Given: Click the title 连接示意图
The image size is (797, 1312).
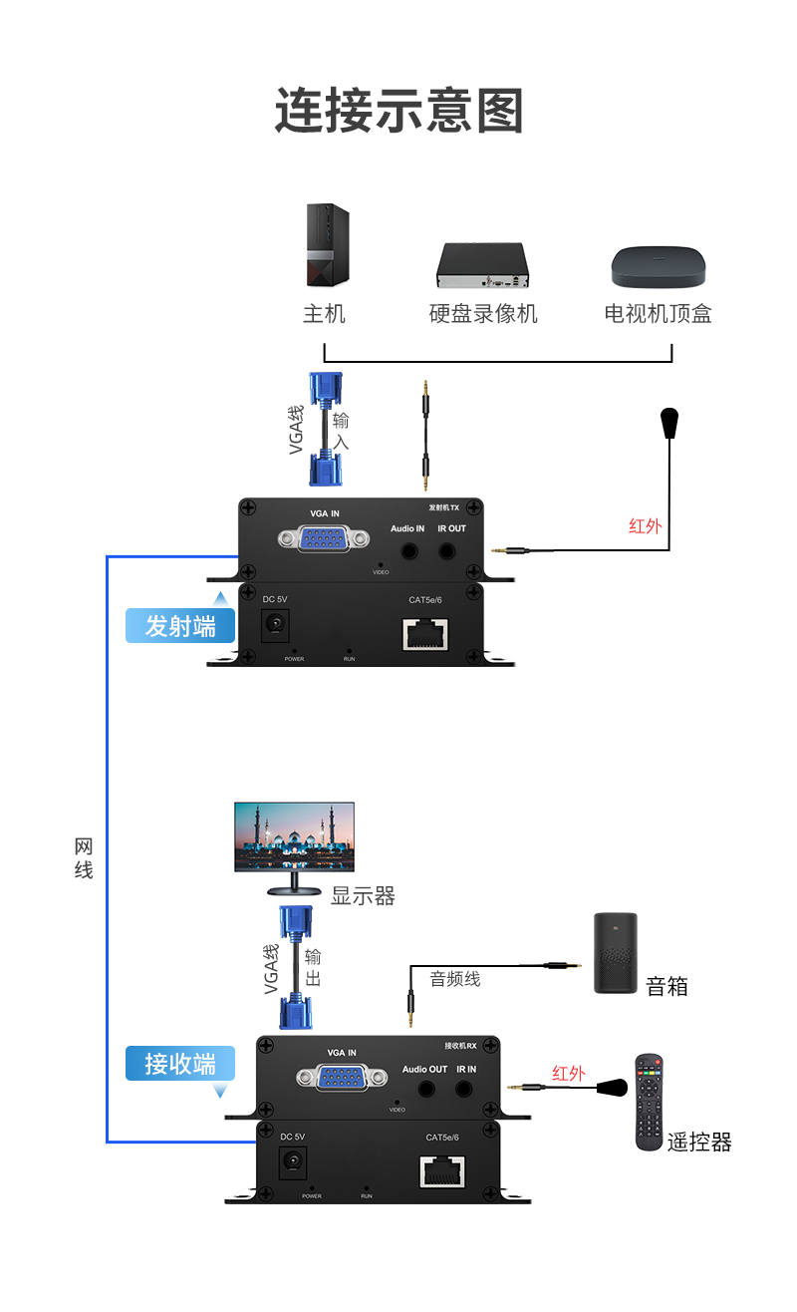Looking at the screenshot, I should [x=398, y=111].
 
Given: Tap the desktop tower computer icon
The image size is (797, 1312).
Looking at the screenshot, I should [x=326, y=245].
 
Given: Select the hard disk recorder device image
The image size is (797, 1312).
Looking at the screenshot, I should [x=481, y=265].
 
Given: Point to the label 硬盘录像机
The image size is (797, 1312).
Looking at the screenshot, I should [x=483, y=314].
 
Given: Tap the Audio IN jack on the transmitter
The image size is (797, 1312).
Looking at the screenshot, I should [x=407, y=549].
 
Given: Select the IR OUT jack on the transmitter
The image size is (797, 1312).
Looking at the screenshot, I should [x=451, y=549].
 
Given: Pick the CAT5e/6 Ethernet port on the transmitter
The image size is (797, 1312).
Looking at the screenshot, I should [x=425, y=633].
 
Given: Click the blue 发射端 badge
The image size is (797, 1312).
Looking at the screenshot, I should [x=180, y=626].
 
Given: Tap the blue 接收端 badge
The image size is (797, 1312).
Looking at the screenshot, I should [x=180, y=1064].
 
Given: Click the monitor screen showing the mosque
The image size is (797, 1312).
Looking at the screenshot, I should [x=294, y=837].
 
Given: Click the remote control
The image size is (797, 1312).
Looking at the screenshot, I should [x=650, y=1102].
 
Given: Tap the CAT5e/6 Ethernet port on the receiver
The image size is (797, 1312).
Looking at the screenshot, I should [x=442, y=1170].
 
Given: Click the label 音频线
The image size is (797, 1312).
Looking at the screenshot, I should [x=455, y=979].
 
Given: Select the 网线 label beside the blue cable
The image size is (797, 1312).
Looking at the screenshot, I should [x=84, y=858].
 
